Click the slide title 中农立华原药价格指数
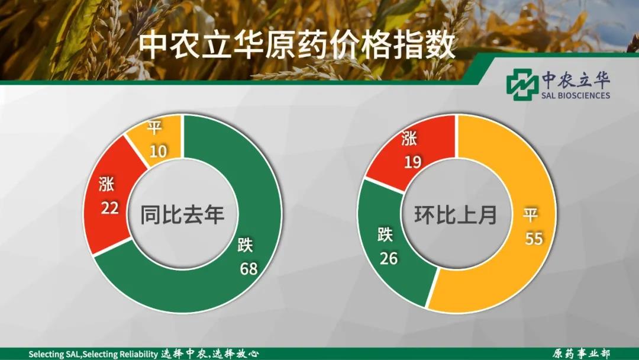point(297,46)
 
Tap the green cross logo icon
point(522,85)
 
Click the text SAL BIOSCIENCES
point(576,95)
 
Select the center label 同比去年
point(183,214)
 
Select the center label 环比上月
point(456,214)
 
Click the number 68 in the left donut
point(248,269)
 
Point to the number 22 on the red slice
point(109,208)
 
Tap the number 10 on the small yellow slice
point(158,152)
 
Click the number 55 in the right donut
point(534,239)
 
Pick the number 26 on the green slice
point(388,258)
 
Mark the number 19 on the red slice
point(412,162)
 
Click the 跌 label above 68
point(246,245)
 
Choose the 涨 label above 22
point(106,184)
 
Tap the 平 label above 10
point(154,128)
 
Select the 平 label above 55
point(531,214)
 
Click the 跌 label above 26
point(385,234)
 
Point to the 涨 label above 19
point(409,139)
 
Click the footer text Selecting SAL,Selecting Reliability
point(93,354)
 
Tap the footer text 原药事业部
point(581,353)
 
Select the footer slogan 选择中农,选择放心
point(210,353)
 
